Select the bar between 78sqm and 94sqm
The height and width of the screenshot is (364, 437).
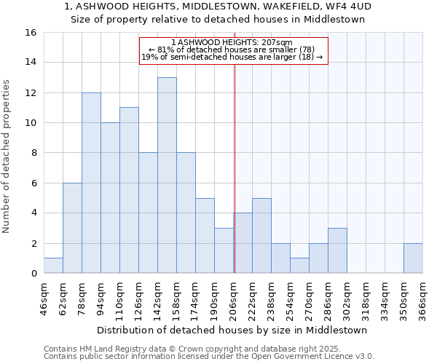click(91, 183)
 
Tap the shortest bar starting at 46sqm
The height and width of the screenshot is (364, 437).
click(53, 266)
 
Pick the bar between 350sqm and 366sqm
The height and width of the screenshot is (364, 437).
click(413, 258)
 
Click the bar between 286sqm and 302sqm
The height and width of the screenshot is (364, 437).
click(337, 251)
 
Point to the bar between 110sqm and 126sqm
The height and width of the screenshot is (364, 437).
click(129, 191)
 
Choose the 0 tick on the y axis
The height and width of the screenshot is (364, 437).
click(34, 274)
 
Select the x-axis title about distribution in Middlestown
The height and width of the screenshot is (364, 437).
click(232, 330)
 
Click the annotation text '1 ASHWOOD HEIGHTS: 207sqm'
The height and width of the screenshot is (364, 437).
click(232, 42)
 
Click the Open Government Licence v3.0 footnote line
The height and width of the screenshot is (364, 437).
click(209, 357)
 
